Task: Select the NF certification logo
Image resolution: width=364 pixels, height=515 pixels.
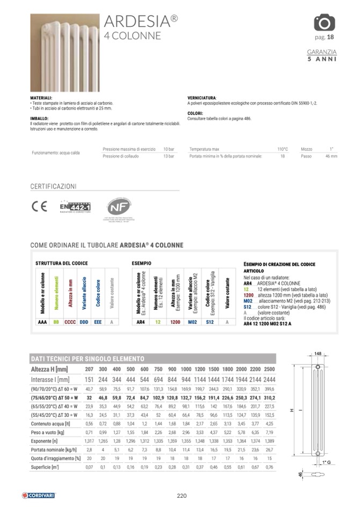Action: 117,207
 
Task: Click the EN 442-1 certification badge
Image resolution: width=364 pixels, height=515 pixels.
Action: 75,207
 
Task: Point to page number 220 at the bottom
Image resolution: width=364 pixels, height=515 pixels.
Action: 181,496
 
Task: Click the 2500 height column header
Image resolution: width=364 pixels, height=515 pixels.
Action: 270,369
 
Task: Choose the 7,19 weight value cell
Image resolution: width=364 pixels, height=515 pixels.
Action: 270,432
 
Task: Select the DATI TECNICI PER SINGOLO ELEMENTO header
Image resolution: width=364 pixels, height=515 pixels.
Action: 88,358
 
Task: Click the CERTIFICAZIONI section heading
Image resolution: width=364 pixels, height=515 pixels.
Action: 54,187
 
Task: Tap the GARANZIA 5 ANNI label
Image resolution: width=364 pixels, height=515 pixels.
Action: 322,55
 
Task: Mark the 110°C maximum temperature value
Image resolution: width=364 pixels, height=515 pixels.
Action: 282,149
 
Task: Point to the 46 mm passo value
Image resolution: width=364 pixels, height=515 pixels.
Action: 331,156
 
